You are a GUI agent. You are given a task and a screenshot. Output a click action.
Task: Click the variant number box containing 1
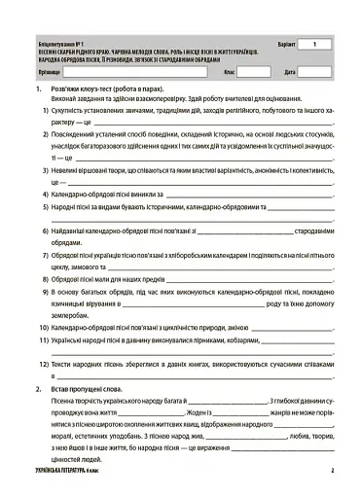click(x=313, y=45)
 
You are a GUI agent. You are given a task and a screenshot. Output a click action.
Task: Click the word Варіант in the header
click(x=277, y=45)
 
